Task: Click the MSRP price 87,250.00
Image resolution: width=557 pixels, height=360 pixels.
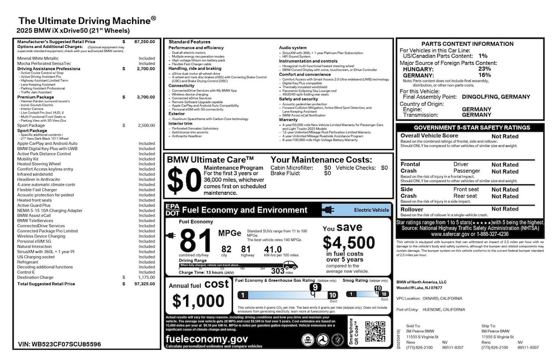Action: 144,41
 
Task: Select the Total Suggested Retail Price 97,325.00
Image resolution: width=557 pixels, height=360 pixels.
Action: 144,284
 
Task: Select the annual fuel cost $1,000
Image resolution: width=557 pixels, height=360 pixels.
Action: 198,300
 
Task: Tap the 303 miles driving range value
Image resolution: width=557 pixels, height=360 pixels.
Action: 277,270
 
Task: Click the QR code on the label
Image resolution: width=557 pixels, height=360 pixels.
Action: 375,332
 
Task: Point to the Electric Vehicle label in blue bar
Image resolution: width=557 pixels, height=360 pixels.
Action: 372,209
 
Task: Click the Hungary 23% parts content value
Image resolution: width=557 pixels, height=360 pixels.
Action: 484,69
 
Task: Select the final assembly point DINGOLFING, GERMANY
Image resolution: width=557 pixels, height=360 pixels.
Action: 496,97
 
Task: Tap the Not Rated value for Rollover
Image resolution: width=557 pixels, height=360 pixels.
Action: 505,209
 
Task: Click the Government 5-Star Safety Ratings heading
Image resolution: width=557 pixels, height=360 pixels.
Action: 471,127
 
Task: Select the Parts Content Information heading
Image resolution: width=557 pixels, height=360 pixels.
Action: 471,44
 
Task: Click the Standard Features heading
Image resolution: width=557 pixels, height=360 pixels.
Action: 189,42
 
